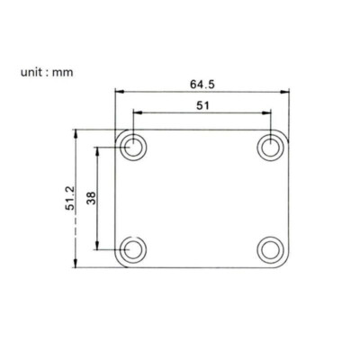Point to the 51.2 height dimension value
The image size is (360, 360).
(x=68, y=198)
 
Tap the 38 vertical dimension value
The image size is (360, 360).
(x=91, y=198)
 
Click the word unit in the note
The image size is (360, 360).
(x=32, y=72)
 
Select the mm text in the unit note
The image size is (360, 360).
(x=62, y=72)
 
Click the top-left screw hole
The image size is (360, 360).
(x=134, y=148)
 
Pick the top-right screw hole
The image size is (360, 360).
(x=269, y=148)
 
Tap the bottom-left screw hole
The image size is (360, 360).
(x=134, y=248)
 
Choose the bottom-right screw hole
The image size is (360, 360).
(x=269, y=248)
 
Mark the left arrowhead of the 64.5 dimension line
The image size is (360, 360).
(x=119, y=91)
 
